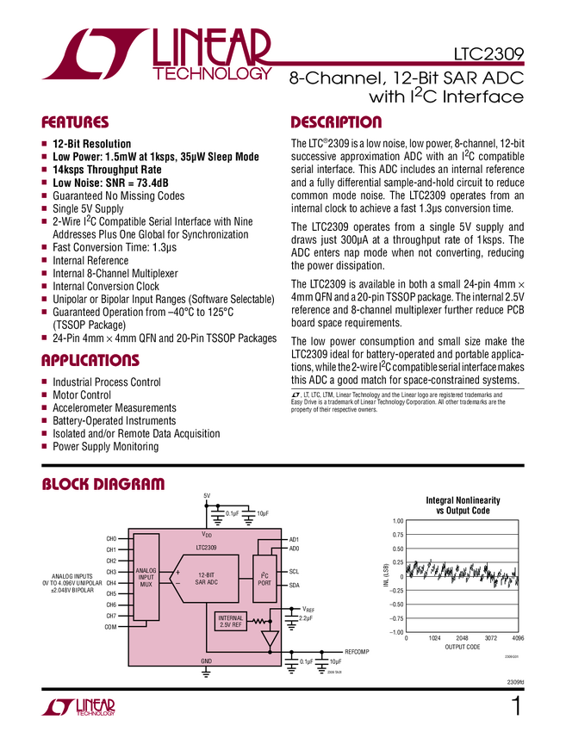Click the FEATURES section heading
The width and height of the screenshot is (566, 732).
click(76, 122)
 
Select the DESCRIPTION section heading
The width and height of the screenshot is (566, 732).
click(336, 122)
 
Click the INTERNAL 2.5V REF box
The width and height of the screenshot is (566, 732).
click(231, 622)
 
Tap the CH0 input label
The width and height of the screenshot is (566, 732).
click(111, 539)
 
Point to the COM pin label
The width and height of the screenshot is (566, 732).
click(110, 627)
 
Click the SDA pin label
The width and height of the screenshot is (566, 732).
click(294, 586)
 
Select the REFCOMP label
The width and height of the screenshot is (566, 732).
click(357, 652)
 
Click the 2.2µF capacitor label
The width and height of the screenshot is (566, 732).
click(305, 618)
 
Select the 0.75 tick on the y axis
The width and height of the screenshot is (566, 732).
click(396, 535)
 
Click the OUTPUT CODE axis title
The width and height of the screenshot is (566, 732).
click(462, 647)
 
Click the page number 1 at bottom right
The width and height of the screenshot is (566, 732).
click(516, 709)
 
